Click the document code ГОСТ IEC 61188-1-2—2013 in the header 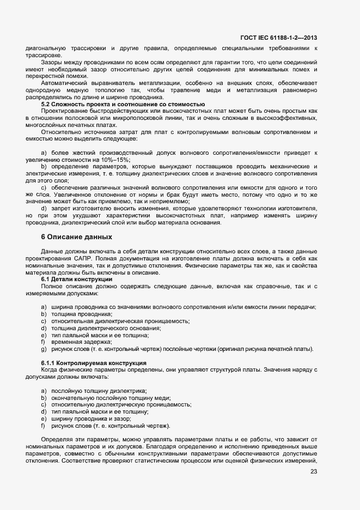[x=278, y=38]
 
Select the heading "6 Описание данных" [x=77, y=237]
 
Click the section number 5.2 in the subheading [x=46, y=104]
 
